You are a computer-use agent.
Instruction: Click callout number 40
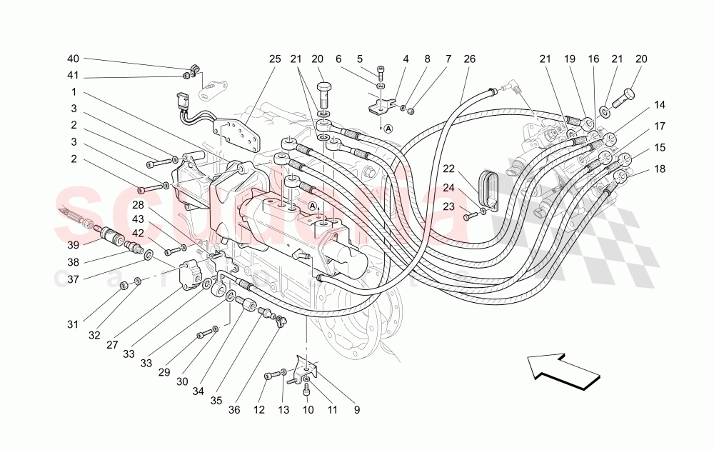[73, 59]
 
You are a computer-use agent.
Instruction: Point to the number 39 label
[73, 244]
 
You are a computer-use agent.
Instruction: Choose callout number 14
[660, 105]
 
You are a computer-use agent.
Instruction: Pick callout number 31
[73, 324]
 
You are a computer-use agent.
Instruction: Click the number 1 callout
[73, 92]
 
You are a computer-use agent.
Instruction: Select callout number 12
[259, 410]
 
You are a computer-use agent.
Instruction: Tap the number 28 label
[156, 205]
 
